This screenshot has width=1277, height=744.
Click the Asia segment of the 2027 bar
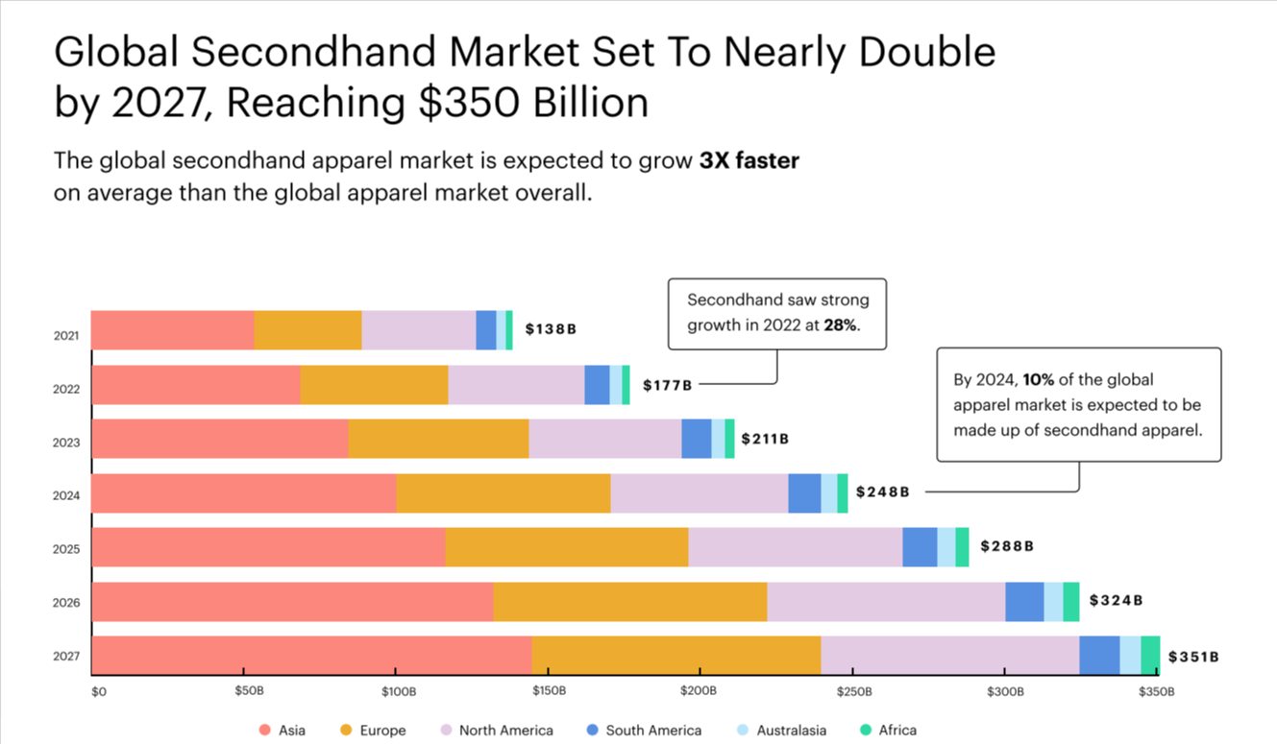tap(311, 655)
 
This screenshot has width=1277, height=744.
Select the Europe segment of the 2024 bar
tap(503, 493)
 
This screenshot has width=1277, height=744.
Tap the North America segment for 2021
tap(418, 330)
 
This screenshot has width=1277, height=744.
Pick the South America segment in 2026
tap(1024, 601)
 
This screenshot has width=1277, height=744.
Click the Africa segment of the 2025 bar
tap(962, 547)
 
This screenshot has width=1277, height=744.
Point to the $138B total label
tap(551, 329)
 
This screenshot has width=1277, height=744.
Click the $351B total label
tap(1193, 657)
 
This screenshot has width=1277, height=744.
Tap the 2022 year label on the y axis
tap(66, 390)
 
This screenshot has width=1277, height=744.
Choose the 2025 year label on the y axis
tap(66, 550)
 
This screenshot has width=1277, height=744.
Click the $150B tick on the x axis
tap(550, 691)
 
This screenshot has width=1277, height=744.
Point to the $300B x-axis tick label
tap(1004, 691)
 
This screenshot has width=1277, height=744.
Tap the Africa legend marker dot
tap(865, 731)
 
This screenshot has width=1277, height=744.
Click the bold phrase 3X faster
tap(749, 161)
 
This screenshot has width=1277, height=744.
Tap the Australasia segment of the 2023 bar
tap(718, 439)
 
